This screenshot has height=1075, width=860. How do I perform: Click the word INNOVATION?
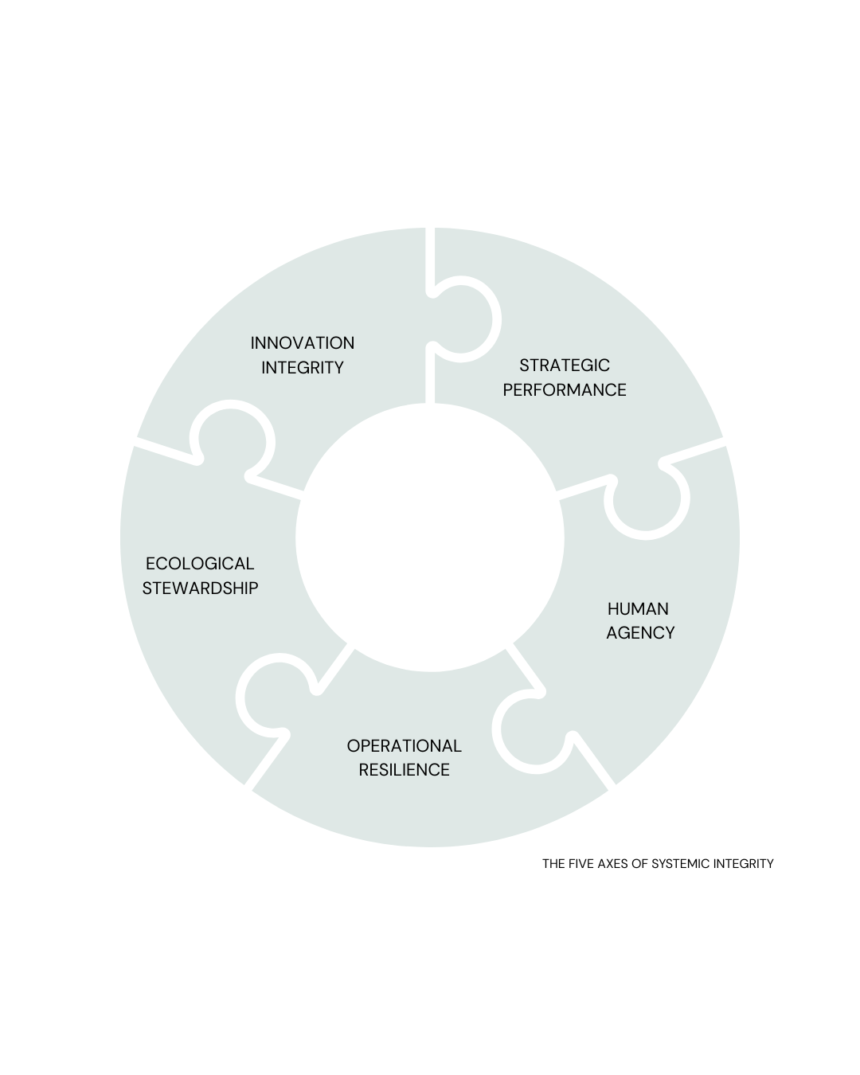[x=303, y=343]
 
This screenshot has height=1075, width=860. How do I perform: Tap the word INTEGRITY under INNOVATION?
[x=303, y=368]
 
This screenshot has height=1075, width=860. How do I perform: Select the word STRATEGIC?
[x=565, y=365]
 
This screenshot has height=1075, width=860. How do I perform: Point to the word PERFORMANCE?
[x=565, y=390]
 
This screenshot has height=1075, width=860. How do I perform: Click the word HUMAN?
[x=638, y=609]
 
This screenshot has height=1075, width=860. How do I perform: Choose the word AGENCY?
[x=640, y=633]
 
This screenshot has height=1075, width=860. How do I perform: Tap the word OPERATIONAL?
[x=404, y=746]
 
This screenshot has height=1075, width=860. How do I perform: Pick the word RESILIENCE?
[x=404, y=770]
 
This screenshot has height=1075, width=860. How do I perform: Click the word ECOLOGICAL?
[x=200, y=564]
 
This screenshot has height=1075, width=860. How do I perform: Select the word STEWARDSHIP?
[x=200, y=588]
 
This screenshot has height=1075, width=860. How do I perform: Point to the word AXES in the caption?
[x=616, y=864]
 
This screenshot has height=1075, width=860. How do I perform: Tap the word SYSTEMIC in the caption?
[x=681, y=864]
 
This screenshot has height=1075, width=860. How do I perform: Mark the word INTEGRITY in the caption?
[x=744, y=864]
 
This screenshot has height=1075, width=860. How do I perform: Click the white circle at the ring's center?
[x=430, y=537]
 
